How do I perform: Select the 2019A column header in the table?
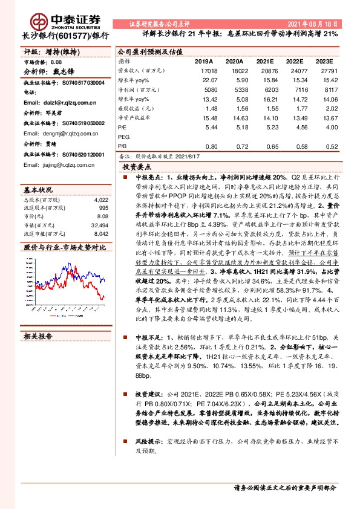click(x=204, y=62)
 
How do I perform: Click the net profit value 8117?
click(x=330, y=88)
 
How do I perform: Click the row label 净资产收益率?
click(x=134, y=118)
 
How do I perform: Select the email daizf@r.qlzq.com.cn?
click(x=55, y=103)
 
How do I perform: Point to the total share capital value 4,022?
click(x=102, y=199)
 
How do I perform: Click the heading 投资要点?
click(x=136, y=166)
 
